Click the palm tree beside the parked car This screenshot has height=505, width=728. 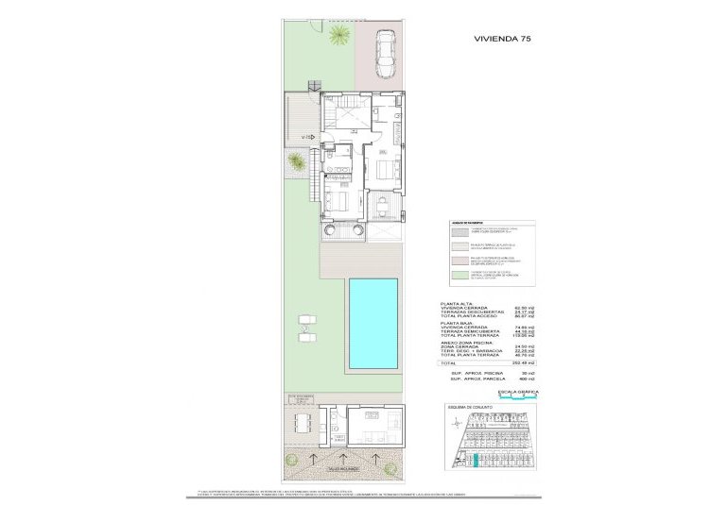tap(338, 38)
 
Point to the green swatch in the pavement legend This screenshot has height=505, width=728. tap(459, 275)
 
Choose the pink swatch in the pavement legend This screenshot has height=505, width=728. tap(459, 258)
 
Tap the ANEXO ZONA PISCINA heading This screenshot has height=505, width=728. tap(466, 342)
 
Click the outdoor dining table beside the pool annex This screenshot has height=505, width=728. tap(301, 422)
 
